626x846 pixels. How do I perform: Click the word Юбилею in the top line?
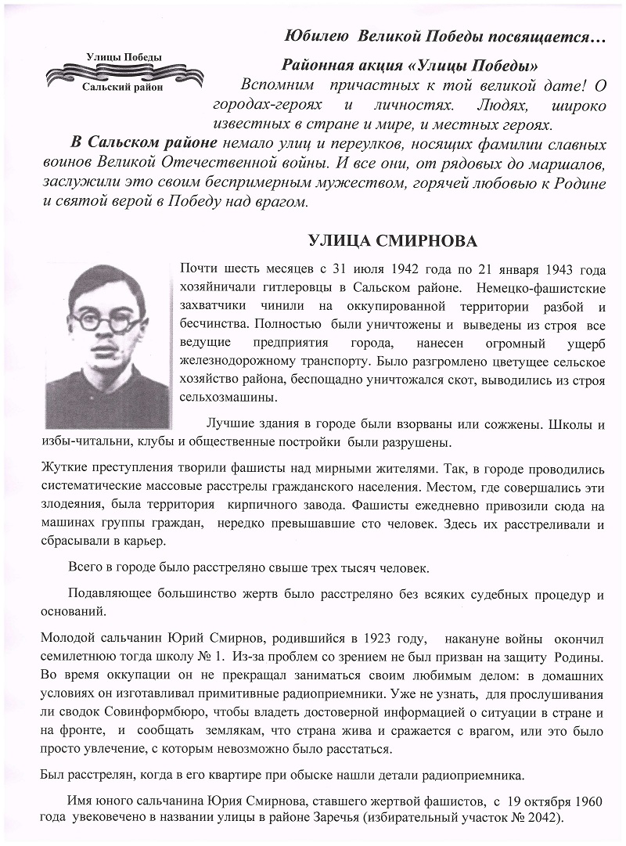pyautogui.click(x=313, y=37)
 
